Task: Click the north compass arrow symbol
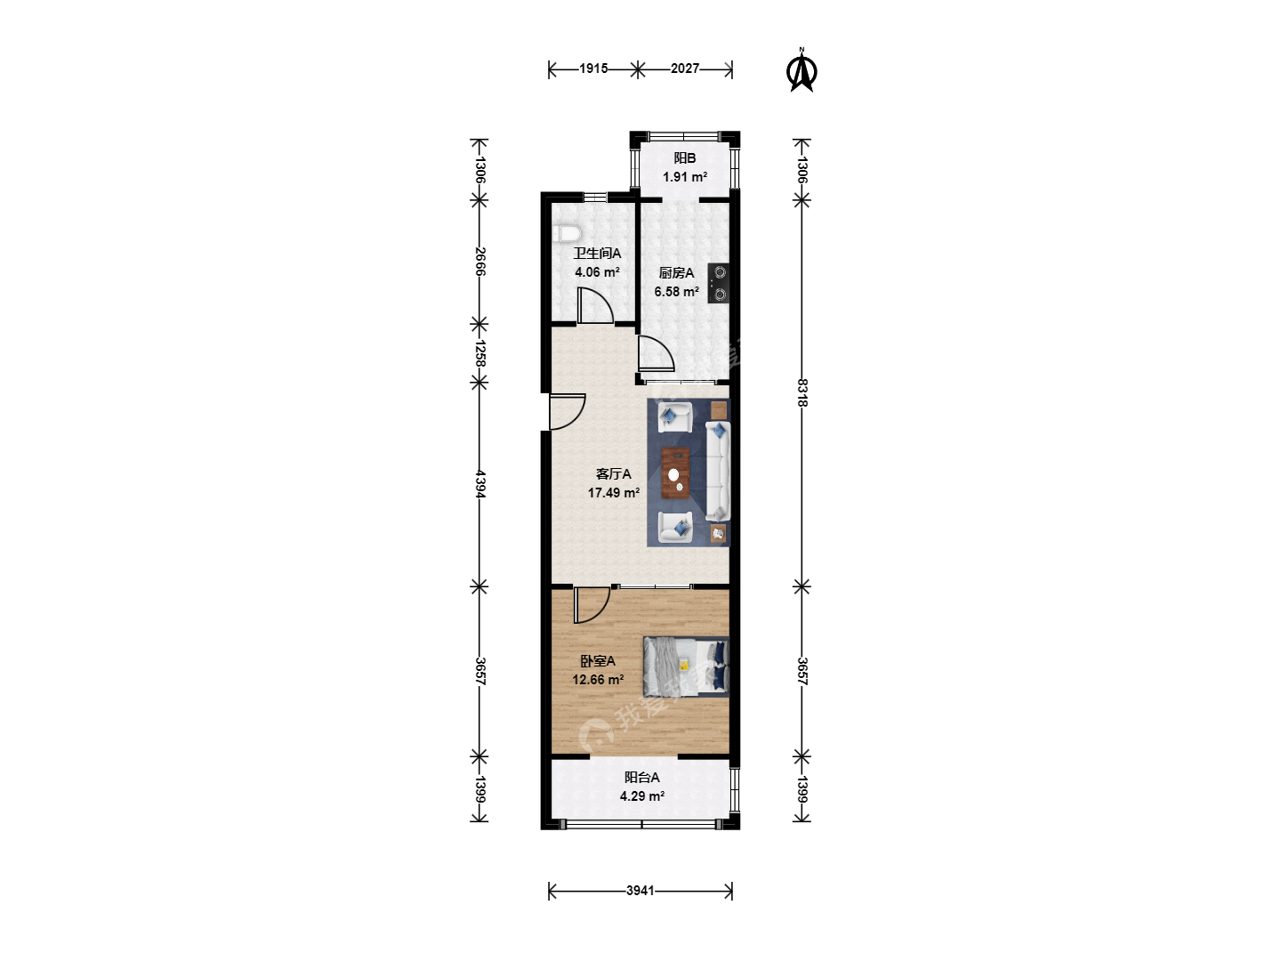pyautogui.click(x=802, y=71)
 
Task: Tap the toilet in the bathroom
pyautogui.click(x=567, y=234)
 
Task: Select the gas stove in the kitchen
pyautogui.click(x=719, y=284)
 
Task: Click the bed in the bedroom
pyautogui.click(x=686, y=666)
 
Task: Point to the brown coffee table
pyautogui.click(x=675, y=472)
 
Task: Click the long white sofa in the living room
pyautogui.click(x=718, y=472)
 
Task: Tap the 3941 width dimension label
pyautogui.click(x=640, y=891)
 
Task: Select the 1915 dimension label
pyautogui.click(x=593, y=69)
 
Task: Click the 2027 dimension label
pyautogui.click(x=685, y=69)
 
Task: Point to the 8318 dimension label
pyautogui.click(x=803, y=392)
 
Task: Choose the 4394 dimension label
pyautogui.click(x=480, y=484)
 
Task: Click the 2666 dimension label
pyautogui.click(x=480, y=262)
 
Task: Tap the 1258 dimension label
pyautogui.click(x=480, y=353)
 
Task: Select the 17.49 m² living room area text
pyautogui.click(x=613, y=492)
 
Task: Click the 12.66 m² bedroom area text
pyautogui.click(x=598, y=679)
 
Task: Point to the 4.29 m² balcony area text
pyautogui.click(x=642, y=795)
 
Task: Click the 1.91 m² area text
pyautogui.click(x=685, y=176)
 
